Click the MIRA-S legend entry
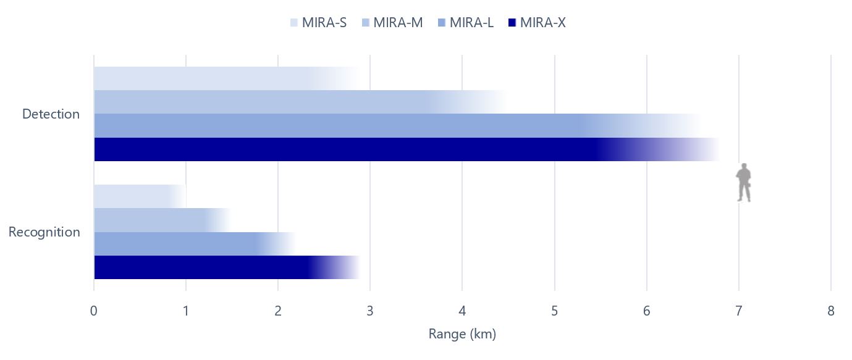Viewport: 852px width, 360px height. click(318, 23)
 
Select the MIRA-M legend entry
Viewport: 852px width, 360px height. click(392, 23)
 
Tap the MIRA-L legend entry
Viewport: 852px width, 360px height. click(465, 23)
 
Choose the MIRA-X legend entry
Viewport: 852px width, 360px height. click(536, 23)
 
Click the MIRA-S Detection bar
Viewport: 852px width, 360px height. click(204, 78)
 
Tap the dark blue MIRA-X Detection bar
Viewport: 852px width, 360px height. click(346, 149)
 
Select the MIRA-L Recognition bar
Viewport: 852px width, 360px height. click(179, 244)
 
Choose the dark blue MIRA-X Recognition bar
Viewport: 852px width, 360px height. click(204, 267)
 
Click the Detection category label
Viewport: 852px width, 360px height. click(51, 114)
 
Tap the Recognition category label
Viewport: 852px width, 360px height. click(44, 232)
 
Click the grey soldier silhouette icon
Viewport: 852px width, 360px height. click(744, 183)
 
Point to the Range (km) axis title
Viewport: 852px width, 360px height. click(462, 334)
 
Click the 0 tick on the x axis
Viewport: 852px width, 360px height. click(94, 311)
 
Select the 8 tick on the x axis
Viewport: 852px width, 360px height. click(831, 311)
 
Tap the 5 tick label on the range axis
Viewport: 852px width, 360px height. click(555, 311)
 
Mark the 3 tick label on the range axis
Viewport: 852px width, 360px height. click(370, 311)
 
